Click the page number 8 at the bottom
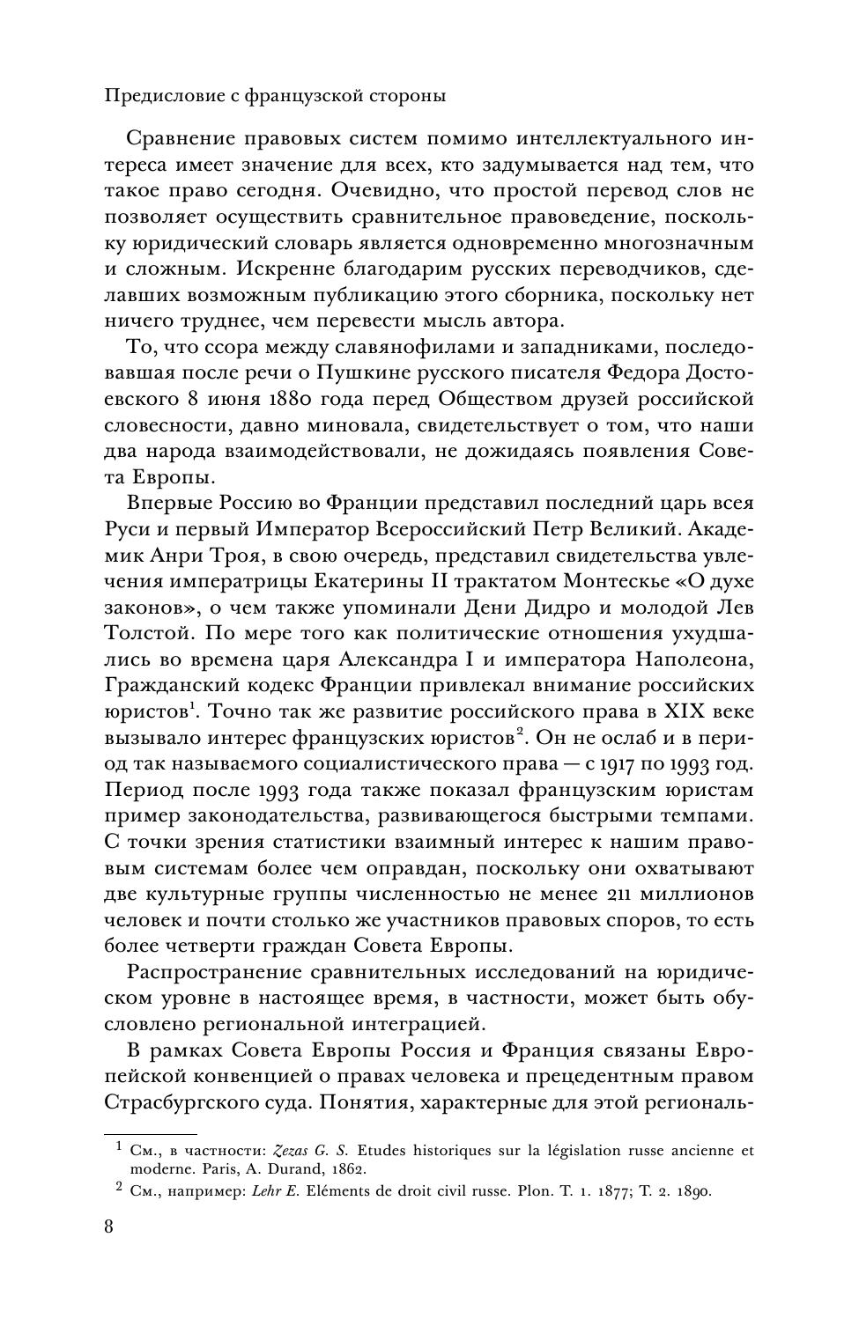pyautogui.click(x=108, y=1227)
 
